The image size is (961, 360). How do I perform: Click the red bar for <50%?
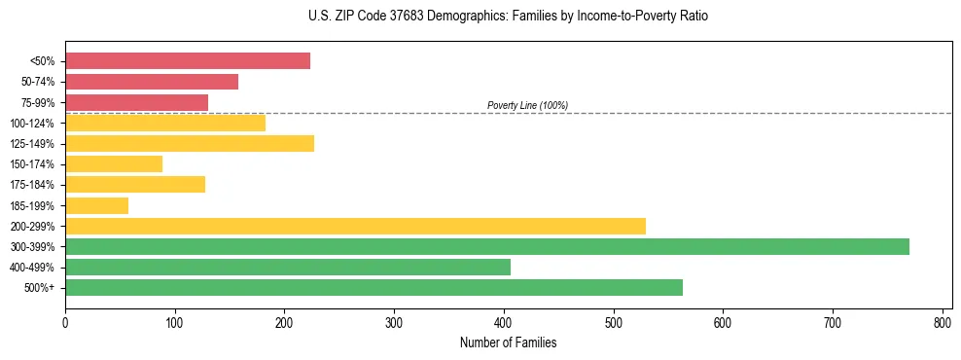coord(188,61)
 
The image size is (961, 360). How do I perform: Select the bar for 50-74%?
coord(152,82)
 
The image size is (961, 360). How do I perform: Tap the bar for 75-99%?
coord(136,102)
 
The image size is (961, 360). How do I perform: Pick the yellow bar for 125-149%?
coord(190,144)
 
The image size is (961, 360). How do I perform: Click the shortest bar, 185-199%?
coord(96,205)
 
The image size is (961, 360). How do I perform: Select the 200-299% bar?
coord(355,226)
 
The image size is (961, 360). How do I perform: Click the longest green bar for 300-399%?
coord(486,246)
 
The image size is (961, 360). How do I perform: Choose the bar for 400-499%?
coord(288,267)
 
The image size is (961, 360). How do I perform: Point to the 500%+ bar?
coord(374,287)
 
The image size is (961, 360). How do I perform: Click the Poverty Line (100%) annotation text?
coord(527,105)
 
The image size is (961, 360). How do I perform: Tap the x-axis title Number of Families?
coord(508,342)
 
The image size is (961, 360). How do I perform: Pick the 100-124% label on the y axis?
coord(32,124)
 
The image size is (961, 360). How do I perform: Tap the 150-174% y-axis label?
coord(32,164)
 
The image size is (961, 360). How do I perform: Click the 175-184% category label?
coord(32,185)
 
